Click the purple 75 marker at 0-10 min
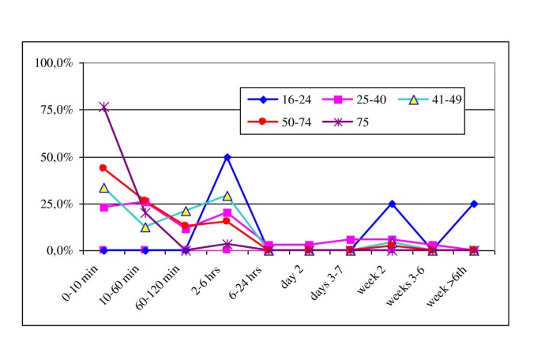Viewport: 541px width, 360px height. [x=103, y=107]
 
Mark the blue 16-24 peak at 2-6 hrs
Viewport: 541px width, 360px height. [x=227, y=157]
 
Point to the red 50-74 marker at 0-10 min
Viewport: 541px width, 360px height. [x=103, y=167]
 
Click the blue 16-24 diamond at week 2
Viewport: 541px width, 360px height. [x=392, y=204]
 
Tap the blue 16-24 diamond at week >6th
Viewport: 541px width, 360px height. [x=474, y=204]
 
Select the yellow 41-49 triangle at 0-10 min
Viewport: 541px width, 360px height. [x=103, y=188]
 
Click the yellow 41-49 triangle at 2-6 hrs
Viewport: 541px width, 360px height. [x=227, y=196]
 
